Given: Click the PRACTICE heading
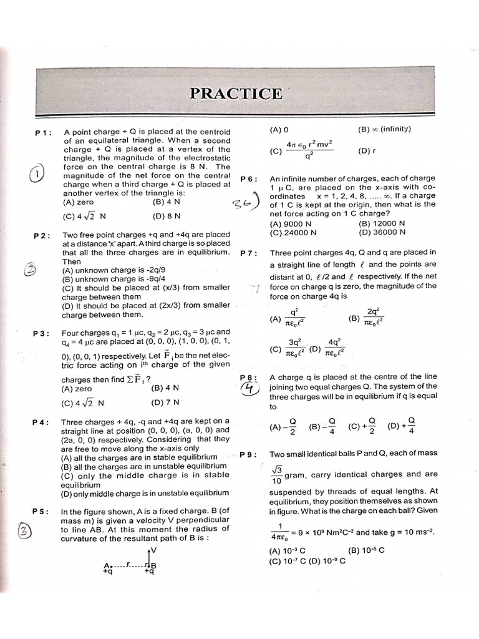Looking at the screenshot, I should (x=236, y=94).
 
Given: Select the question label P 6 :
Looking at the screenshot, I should (x=249, y=179).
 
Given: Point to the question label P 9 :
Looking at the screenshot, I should (x=248, y=454).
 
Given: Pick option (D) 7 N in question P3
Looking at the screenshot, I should (x=166, y=403).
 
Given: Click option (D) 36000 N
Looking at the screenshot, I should (x=382, y=232).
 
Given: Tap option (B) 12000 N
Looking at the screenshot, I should (x=382, y=223).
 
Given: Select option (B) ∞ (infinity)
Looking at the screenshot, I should (x=384, y=130).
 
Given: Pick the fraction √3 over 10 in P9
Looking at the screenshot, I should (x=276, y=475).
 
